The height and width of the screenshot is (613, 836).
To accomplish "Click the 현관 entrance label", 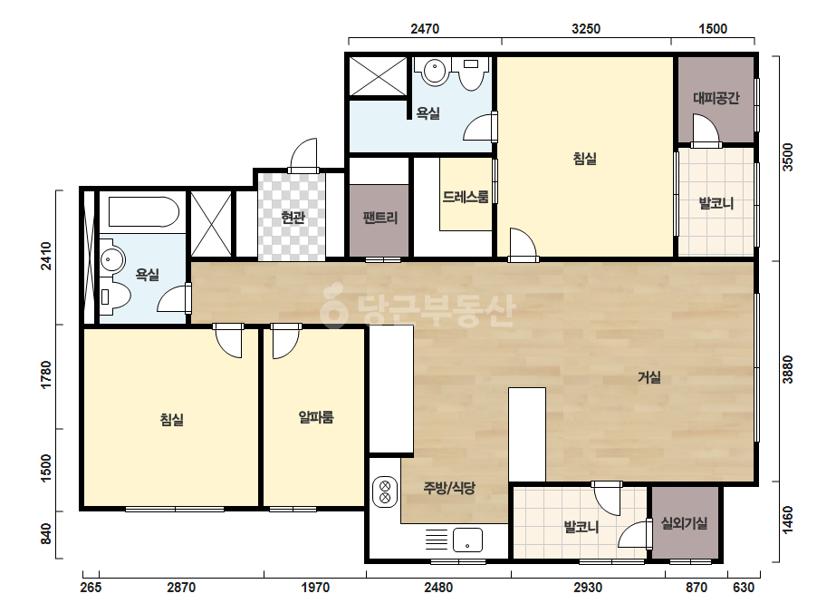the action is pyautogui.click(x=293, y=218).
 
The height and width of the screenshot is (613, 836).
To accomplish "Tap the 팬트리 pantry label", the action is pyautogui.click(x=380, y=218).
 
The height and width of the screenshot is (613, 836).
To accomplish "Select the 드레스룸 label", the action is pyautogui.click(x=466, y=197).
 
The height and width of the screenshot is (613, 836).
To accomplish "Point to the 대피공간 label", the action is pyautogui.click(x=716, y=98).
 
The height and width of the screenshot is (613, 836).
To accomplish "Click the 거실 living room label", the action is pyautogui.click(x=649, y=377).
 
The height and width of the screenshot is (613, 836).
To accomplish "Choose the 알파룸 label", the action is pyautogui.click(x=316, y=417).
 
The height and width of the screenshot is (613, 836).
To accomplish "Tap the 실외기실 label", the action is pyautogui.click(x=685, y=523).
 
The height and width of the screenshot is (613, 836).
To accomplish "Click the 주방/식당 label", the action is pyautogui.click(x=449, y=488).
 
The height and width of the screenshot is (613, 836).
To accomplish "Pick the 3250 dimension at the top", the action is pyautogui.click(x=586, y=29).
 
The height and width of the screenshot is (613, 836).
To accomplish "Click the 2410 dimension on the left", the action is pyautogui.click(x=47, y=257).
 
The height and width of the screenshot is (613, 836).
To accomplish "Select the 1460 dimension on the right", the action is pyautogui.click(x=787, y=520).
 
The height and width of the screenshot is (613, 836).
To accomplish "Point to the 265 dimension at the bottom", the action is pyautogui.click(x=91, y=588).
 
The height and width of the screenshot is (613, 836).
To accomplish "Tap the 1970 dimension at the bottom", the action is pyautogui.click(x=315, y=588).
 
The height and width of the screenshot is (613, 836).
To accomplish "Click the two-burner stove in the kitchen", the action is pyautogui.click(x=385, y=492).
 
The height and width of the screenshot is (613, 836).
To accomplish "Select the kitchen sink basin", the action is pyautogui.click(x=467, y=540).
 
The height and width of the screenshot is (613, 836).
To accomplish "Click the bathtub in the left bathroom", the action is pyautogui.click(x=144, y=212).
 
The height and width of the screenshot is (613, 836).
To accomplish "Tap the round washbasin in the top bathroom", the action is pyautogui.click(x=435, y=72).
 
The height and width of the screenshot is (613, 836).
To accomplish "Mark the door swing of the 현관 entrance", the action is pyautogui.click(x=303, y=153).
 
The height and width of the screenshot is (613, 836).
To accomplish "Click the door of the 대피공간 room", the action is pyautogui.click(x=706, y=130).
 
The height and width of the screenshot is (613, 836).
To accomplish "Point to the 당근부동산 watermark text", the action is pyautogui.click(x=418, y=311).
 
